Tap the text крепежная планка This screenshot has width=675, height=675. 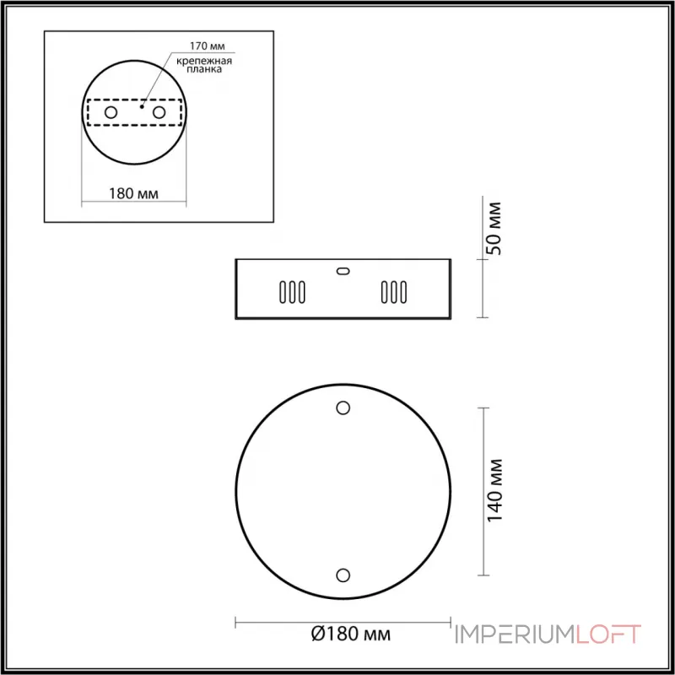tap(206, 67)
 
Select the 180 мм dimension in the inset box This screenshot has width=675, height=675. tap(134, 192)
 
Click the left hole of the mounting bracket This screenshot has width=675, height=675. tap(110, 111)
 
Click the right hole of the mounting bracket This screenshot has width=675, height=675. tap(159, 111)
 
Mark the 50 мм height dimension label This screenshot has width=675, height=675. tap(495, 228)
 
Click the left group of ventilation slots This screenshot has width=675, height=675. tap(291, 292)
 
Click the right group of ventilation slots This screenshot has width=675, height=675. tap(393, 292)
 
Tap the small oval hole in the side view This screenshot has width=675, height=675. tap(343, 271)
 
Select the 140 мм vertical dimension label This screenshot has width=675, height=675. tap(495, 490)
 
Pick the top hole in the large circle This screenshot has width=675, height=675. tap(343, 408)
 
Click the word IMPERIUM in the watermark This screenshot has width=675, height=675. tap(515, 634)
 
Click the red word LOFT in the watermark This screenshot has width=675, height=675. tap(608, 634)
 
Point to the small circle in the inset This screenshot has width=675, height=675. tap(134, 111)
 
